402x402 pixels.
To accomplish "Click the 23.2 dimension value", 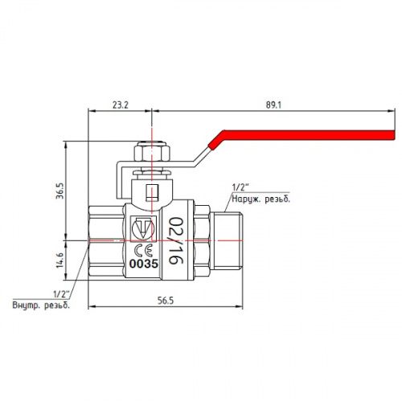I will pyautogui.click(x=118, y=105).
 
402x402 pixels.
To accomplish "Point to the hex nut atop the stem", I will pyautogui.click(x=150, y=153).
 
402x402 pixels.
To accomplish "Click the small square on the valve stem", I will pyautogui.click(x=150, y=192).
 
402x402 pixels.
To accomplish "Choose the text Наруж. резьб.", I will pyautogui.click(x=260, y=199).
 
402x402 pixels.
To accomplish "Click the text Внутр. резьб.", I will pyautogui.click(x=40, y=305).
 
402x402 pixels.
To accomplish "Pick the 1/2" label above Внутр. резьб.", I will pyautogui.click(x=60, y=293).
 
